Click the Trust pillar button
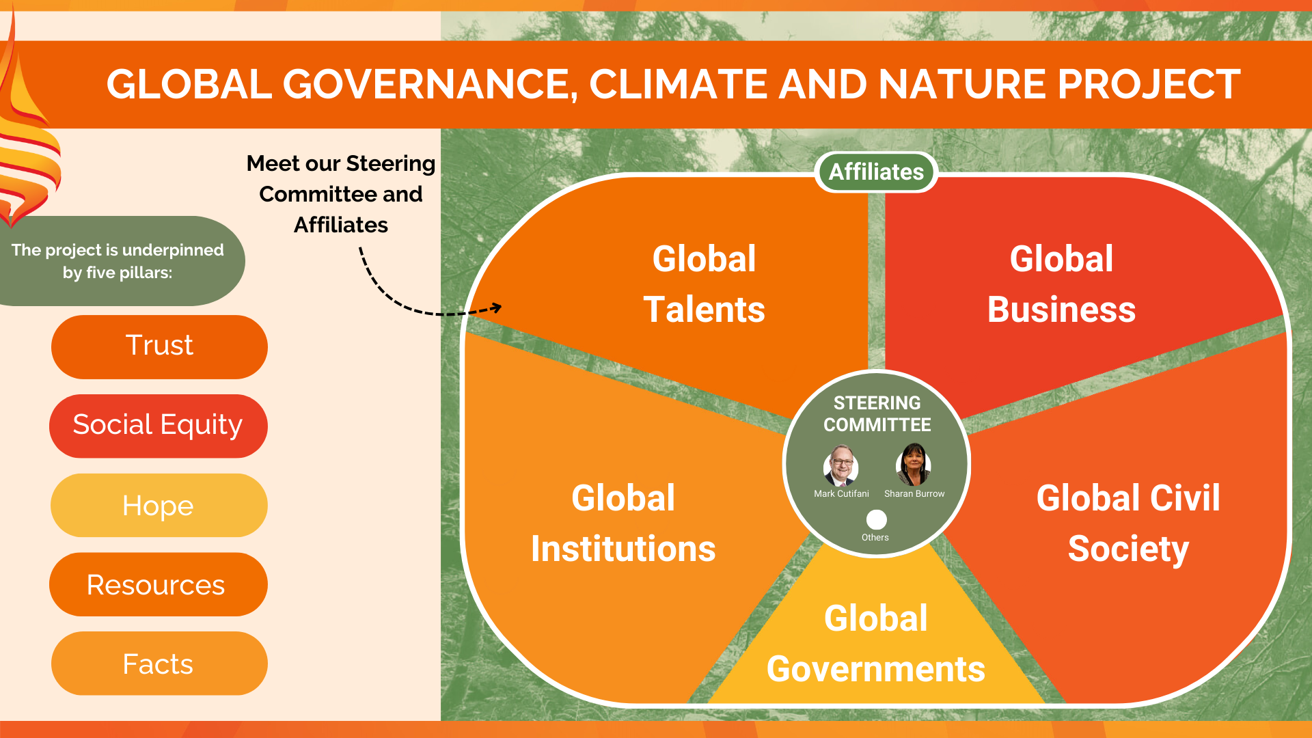[x=159, y=346]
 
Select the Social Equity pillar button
[x=158, y=426]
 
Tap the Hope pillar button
[x=159, y=505]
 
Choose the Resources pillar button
[x=158, y=584]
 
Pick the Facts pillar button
[x=159, y=664]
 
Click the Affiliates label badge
[x=876, y=172]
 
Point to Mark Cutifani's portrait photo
[x=840, y=465]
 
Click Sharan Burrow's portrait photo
[x=914, y=464]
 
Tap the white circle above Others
[x=877, y=519]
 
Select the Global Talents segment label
[x=704, y=284]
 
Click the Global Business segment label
[x=1061, y=284]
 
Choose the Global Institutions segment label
[x=623, y=523]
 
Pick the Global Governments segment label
[x=876, y=644]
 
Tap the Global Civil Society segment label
[x=1128, y=523]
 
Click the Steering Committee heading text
[x=877, y=414]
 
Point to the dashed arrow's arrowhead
[x=496, y=307]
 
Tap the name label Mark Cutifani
[x=841, y=493]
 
